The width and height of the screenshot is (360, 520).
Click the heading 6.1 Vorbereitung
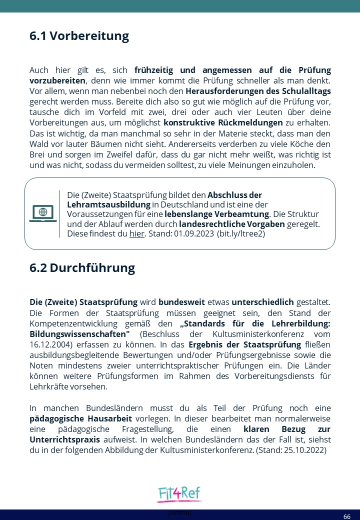79,36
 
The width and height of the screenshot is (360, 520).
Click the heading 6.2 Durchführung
82,267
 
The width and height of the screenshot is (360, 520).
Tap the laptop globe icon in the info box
43,213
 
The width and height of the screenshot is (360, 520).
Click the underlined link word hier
136,233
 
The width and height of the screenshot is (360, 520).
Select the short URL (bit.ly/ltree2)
241,233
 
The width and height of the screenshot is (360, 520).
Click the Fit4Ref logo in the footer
179,494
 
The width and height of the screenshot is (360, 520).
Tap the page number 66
346,516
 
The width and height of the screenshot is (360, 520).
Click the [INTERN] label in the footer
179,513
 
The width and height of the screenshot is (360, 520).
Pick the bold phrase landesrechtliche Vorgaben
232,224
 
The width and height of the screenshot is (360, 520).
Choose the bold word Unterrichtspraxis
65,439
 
